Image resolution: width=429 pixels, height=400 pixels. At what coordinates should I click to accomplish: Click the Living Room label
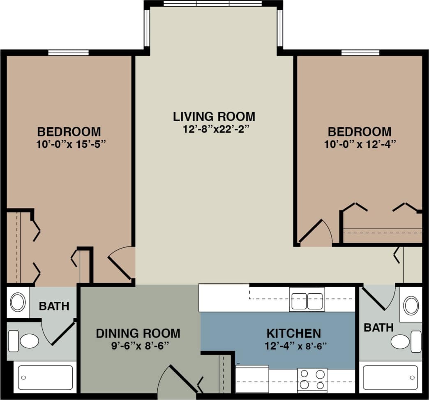[214, 116]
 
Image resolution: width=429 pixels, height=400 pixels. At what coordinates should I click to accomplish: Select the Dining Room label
[138, 333]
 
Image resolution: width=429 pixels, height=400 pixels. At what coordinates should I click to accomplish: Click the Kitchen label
[293, 333]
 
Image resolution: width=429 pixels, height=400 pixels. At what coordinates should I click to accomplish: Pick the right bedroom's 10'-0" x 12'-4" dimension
[359, 144]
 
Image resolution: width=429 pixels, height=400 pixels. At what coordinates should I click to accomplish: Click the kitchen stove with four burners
[312, 379]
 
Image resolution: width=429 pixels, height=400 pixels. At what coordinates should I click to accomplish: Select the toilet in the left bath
[25, 341]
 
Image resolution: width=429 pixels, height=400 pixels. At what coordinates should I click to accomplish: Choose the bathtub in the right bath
[390, 377]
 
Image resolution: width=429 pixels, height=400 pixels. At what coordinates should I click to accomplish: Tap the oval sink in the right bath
[411, 306]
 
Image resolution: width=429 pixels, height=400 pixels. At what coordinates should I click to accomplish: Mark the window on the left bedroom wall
[68, 53]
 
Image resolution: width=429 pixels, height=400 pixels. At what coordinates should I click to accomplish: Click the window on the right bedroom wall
[360, 53]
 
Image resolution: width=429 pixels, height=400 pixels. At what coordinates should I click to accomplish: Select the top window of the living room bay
[212, 4]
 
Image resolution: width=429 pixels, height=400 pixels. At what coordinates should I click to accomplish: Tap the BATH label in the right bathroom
[378, 327]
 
